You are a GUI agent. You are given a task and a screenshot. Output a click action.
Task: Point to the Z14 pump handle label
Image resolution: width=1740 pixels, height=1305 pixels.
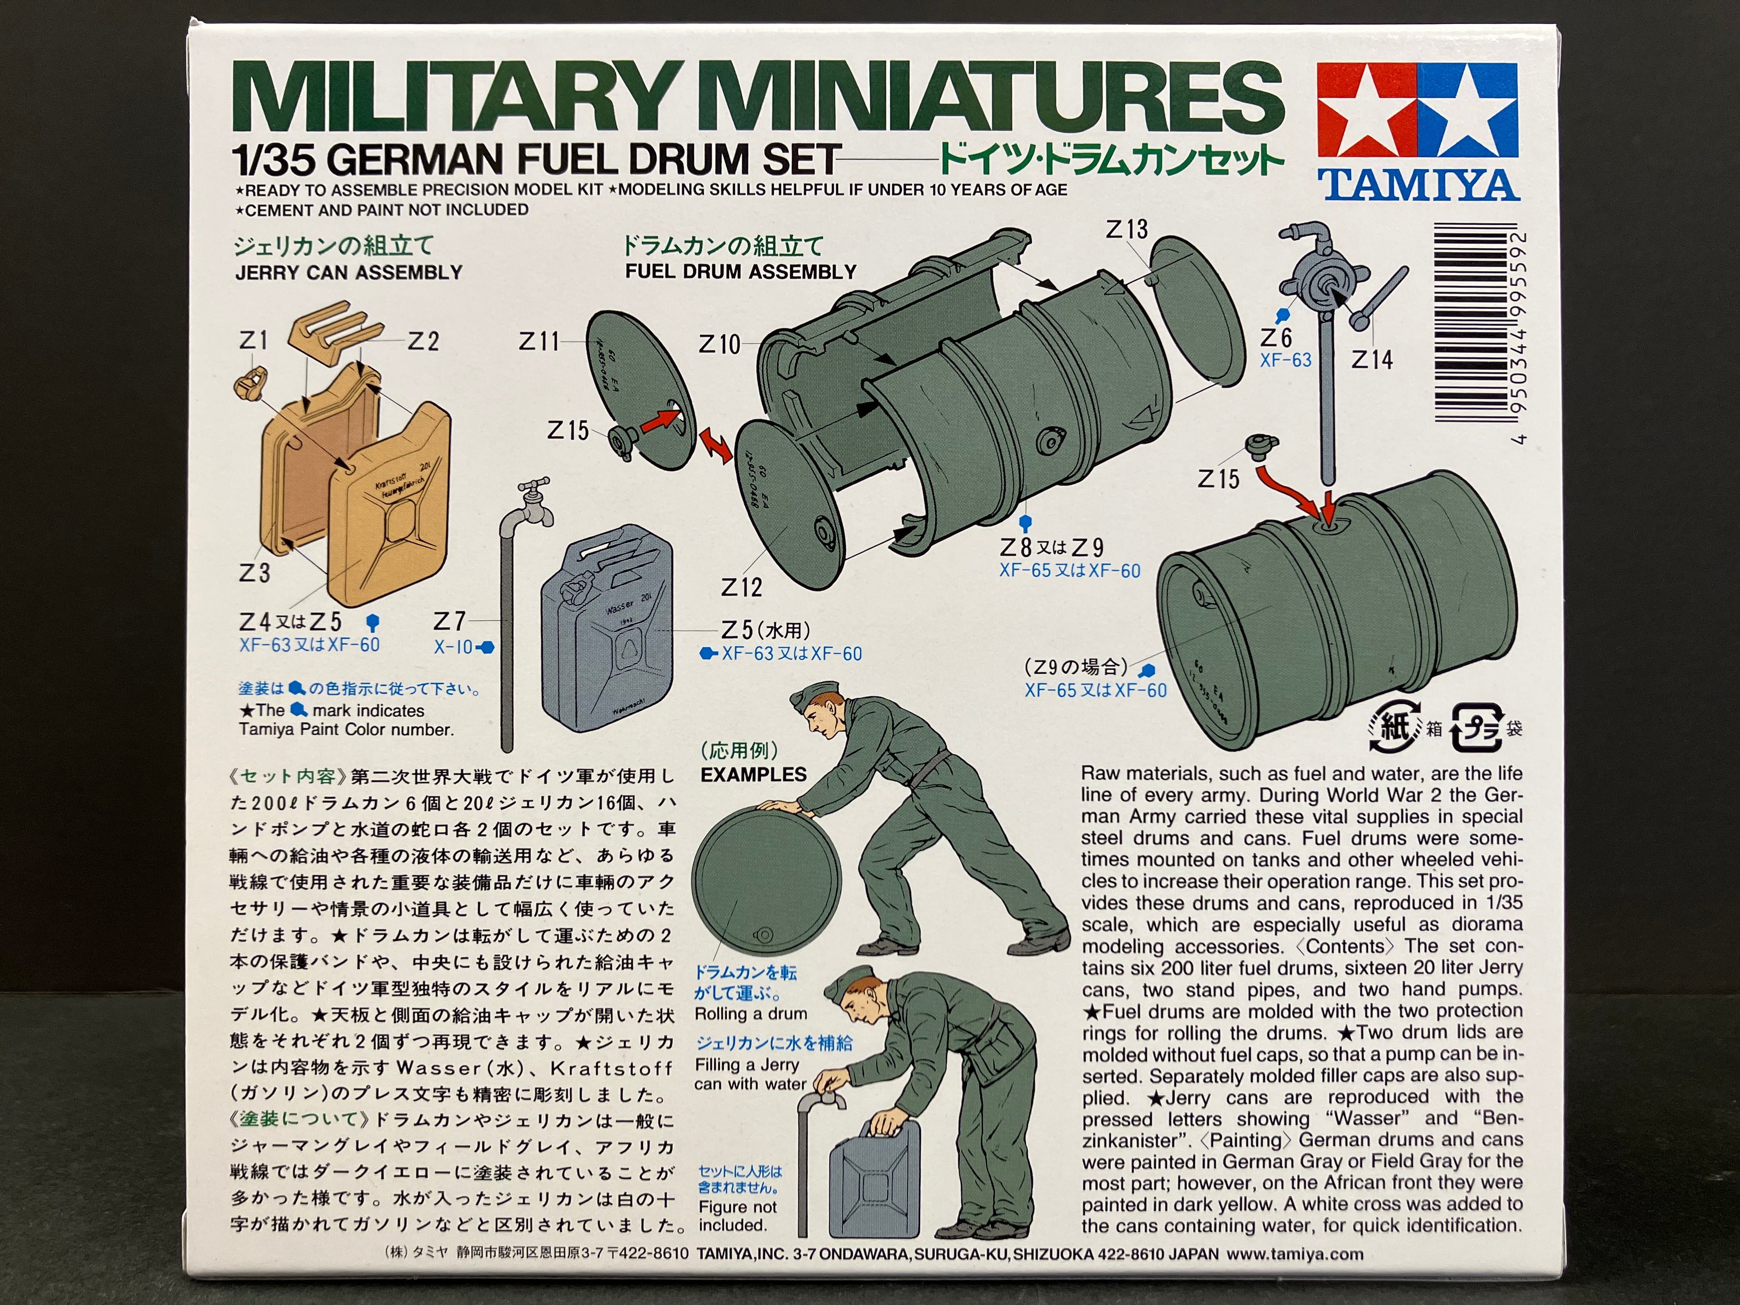[x=1372, y=360]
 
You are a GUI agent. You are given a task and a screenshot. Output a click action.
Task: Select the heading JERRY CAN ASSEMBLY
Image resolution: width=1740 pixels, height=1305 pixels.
[x=348, y=273]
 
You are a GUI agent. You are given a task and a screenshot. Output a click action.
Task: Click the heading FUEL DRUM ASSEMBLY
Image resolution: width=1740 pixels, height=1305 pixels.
[x=740, y=272]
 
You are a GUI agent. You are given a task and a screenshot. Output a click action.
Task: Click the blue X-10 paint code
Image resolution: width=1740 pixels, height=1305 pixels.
[x=453, y=647]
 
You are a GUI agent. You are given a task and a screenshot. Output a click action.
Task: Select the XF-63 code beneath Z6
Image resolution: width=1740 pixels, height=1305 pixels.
[x=1285, y=360]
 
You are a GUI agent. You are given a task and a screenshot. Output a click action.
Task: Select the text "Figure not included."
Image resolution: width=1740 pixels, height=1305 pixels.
[x=737, y=1216]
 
